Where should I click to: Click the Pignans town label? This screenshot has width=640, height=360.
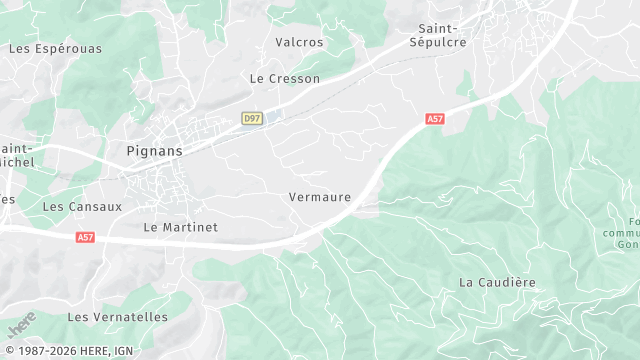pyautogui.click(x=155, y=150)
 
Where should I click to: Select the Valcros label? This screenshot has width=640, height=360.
pyautogui.click(x=299, y=42)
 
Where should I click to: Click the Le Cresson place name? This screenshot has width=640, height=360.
pyautogui.click(x=285, y=78)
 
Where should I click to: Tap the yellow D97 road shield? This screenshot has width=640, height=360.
pyautogui.click(x=252, y=119)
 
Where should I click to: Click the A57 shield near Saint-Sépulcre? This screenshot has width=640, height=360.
pyautogui.click(x=435, y=119)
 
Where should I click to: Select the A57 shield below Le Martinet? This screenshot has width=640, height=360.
pyautogui.click(x=85, y=237)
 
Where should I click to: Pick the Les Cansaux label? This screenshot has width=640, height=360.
pyautogui.click(x=82, y=207)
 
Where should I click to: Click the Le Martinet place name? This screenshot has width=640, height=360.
pyautogui.click(x=180, y=227)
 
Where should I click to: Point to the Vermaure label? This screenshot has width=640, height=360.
pyautogui.click(x=320, y=197)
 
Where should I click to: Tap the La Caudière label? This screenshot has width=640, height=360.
pyautogui.click(x=497, y=282)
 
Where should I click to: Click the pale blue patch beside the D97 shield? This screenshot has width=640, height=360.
pyautogui.click(x=273, y=116)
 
